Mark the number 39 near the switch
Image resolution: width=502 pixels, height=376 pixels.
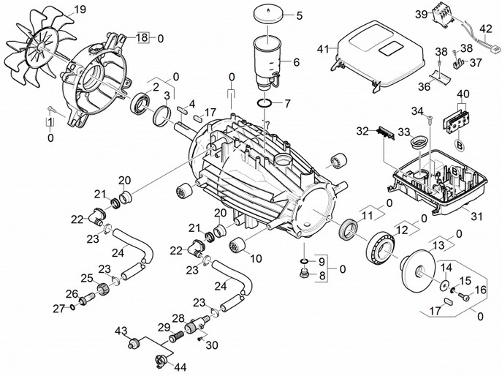[441, 15]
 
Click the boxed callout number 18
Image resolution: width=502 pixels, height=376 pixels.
[142, 37]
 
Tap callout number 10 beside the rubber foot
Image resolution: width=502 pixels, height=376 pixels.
[256, 257]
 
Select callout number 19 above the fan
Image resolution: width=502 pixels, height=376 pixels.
[80, 10]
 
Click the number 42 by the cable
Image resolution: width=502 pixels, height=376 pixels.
[482, 29]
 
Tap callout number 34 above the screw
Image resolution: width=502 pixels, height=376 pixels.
[416, 111]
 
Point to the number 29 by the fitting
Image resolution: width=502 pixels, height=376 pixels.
[164, 326]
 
